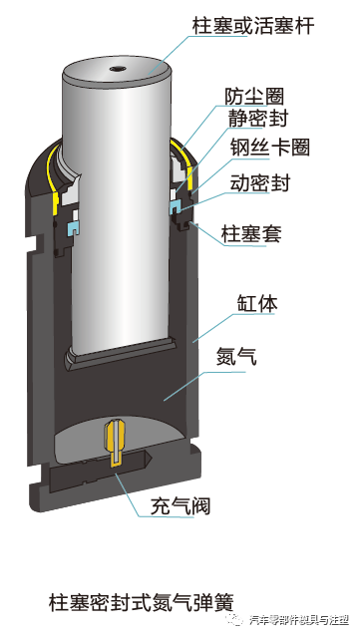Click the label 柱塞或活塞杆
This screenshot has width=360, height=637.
tap(252, 25)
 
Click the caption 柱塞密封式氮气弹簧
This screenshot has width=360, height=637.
tap(141, 601)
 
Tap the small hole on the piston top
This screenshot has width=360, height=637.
tap(118, 70)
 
